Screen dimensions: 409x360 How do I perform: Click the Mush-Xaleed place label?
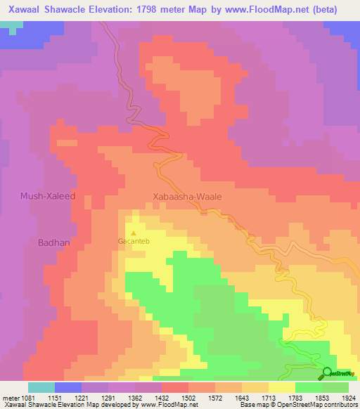click(48, 197)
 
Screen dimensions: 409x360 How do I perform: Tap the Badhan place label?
click(53, 242)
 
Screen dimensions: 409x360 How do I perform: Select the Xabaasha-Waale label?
click(187, 197)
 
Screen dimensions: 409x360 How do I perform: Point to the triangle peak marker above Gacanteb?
click(134, 231)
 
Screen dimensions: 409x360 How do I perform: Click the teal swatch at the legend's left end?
click(41, 387)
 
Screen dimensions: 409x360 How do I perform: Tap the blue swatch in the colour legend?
click(67, 387)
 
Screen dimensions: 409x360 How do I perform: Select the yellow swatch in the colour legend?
click(281, 387)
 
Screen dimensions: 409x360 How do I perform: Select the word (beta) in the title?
click(325, 9)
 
